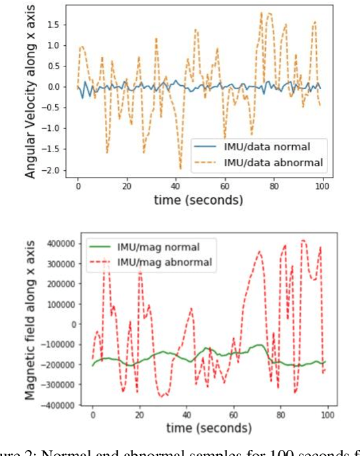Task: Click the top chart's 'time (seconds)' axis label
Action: pyautogui.click(x=199, y=199)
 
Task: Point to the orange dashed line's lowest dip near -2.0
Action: pyautogui.click(x=180, y=168)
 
